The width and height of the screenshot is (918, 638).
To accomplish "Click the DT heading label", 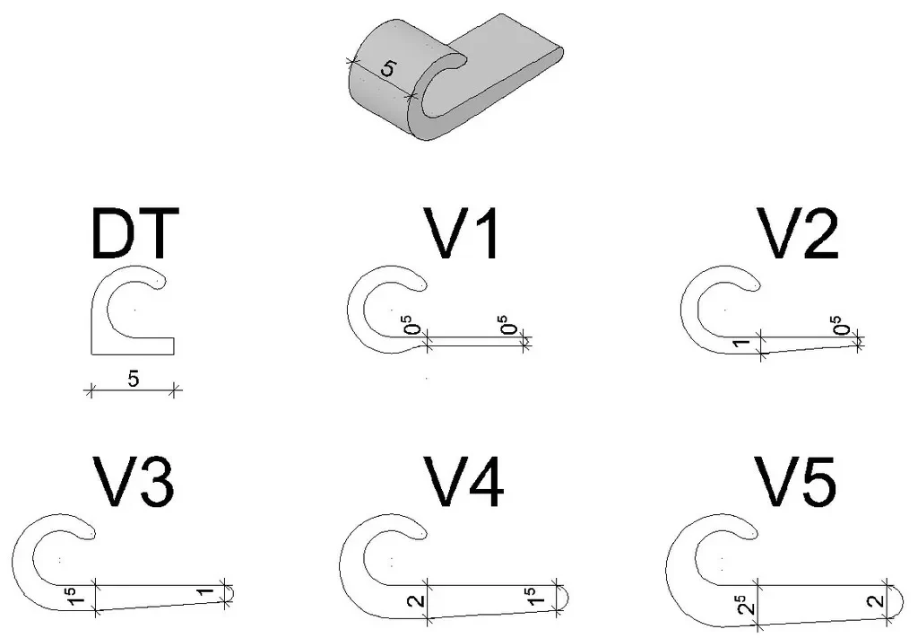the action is click(x=135, y=233).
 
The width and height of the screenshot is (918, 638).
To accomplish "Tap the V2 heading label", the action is click(x=797, y=233).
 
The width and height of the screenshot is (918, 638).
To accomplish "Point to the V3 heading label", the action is click(x=133, y=482).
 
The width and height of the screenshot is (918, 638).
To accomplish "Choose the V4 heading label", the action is click(x=463, y=482).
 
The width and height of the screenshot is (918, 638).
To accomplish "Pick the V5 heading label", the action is click(x=796, y=482).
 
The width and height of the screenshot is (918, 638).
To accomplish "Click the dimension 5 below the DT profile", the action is click(x=134, y=380).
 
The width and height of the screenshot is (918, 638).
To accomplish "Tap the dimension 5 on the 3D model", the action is click(x=387, y=69).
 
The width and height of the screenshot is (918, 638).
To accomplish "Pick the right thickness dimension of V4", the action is click(x=533, y=596).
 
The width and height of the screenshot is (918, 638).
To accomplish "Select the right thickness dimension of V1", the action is click(x=510, y=325).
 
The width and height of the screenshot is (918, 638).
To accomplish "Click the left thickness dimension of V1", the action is click(x=413, y=325).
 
